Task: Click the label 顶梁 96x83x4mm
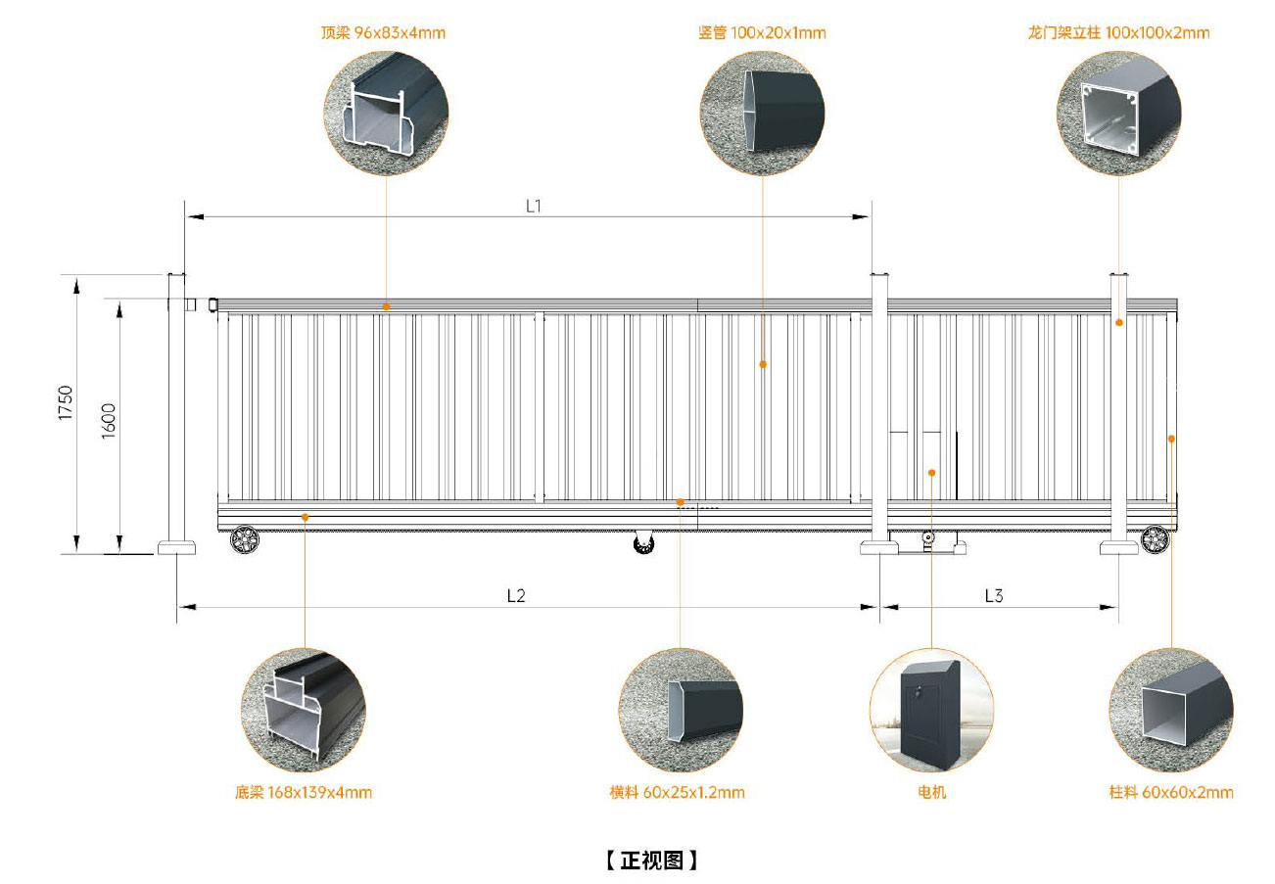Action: (x=383, y=33)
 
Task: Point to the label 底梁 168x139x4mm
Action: (x=304, y=793)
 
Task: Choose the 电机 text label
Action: (x=931, y=793)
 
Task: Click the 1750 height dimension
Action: (x=66, y=402)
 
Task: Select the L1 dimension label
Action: (x=534, y=206)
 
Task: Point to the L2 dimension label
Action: (x=516, y=595)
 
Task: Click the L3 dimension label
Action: (x=993, y=595)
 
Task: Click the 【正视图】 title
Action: (x=651, y=861)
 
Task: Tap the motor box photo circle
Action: (x=931, y=710)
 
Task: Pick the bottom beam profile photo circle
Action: (x=304, y=710)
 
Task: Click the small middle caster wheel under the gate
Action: (x=643, y=542)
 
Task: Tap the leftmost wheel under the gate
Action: (x=243, y=538)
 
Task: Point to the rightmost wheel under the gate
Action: (x=1156, y=538)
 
